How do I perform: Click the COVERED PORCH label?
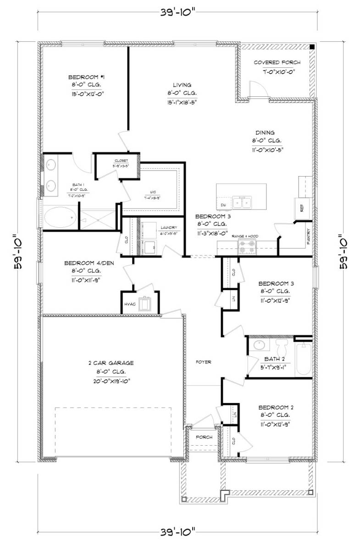[277, 62]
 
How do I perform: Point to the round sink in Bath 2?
[259, 344]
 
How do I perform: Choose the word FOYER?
[204, 362]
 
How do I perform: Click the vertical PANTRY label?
[308, 238]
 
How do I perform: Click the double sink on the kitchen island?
[242, 201]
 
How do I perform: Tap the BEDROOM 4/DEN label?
[89, 263]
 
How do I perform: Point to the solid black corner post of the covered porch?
[311, 47]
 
